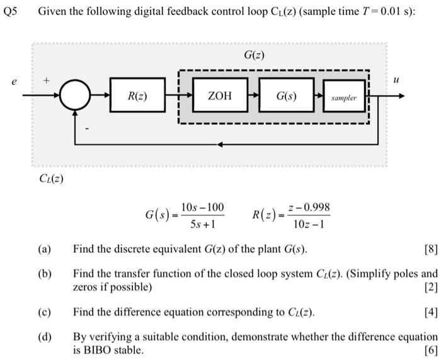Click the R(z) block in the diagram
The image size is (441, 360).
[x=137, y=96]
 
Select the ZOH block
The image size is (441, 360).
[x=220, y=96]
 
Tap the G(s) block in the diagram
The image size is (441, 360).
[x=287, y=96]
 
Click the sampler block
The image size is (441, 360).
[x=344, y=98]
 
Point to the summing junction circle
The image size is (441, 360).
[x=75, y=96]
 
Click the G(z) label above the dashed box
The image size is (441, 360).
[x=254, y=55]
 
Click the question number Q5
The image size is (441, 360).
[x=12, y=11]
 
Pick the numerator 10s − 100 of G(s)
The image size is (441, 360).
[x=202, y=208]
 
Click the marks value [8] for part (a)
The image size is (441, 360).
[x=431, y=249]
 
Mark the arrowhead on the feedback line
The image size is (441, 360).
[x=220, y=144]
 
